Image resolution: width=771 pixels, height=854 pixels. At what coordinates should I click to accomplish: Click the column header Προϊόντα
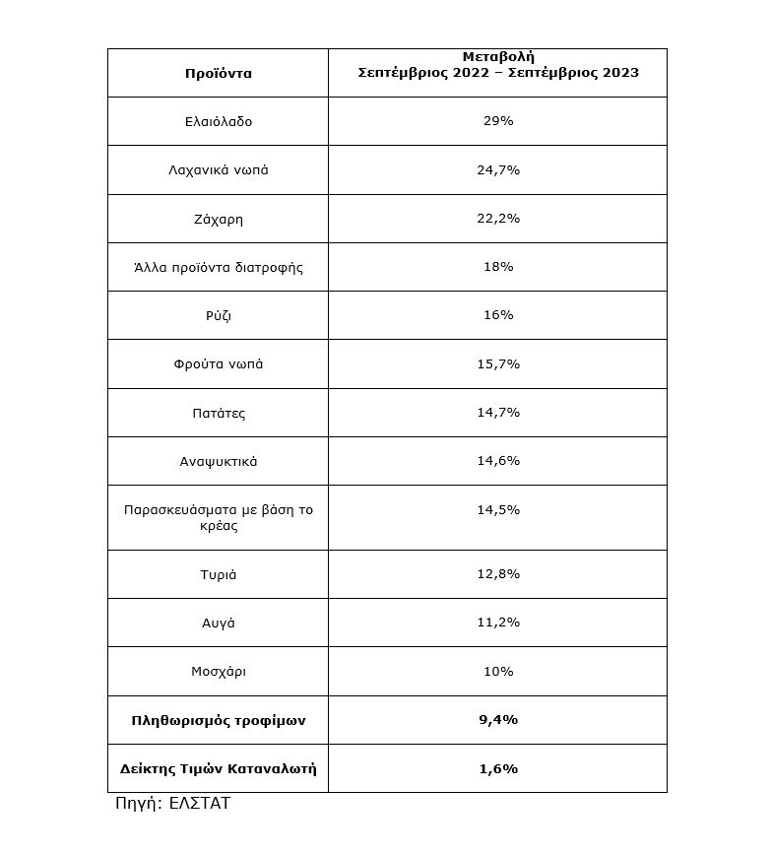pos(218,73)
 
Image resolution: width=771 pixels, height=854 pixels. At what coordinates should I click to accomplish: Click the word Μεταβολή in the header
pos(497,56)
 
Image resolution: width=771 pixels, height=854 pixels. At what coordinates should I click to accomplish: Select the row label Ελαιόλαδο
pos(218,121)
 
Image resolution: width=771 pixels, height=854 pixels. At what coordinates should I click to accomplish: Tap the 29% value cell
pos(497,121)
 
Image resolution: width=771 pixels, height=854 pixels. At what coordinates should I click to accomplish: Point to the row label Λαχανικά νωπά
pos(218,169)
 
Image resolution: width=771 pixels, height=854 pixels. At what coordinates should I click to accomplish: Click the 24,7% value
pos(497,169)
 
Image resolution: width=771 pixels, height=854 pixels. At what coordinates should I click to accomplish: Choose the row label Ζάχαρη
pos(218,218)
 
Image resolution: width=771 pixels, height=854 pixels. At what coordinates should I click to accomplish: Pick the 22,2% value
pos(497,218)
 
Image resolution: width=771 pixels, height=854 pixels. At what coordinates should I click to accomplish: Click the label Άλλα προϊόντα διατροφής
pos(218,267)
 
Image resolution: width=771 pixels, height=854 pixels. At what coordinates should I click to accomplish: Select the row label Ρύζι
pos(218,315)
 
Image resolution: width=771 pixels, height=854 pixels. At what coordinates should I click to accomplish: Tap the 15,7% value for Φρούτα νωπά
pos(497,363)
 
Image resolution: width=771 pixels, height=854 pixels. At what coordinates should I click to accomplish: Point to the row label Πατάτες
pos(218,413)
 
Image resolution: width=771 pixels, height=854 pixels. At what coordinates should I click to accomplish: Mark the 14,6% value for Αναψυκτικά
pos(497,461)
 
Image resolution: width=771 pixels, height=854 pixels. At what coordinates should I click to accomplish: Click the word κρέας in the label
pos(218,526)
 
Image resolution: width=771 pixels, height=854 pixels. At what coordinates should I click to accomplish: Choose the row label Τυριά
pos(218,574)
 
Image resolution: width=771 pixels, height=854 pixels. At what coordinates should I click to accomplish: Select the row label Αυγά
pos(218,623)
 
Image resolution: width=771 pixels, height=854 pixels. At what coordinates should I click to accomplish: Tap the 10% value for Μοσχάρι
pos(497,671)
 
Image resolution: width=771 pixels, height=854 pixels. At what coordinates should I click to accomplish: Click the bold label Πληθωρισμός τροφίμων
pos(218,720)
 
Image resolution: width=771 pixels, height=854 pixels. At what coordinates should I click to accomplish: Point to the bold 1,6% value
pos(497,768)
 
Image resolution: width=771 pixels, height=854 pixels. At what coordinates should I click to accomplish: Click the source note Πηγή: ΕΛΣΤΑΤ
pos(172,803)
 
